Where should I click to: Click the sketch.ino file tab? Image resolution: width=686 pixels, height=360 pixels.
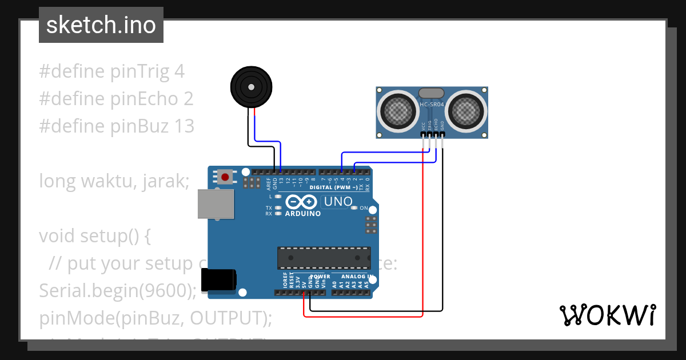tap(101, 25)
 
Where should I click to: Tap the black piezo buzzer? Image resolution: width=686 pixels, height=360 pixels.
tap(250, 87)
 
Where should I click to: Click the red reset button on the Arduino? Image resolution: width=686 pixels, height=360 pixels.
tap(225, 177)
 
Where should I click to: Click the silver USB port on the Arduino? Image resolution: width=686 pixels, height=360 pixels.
tap(216, 204)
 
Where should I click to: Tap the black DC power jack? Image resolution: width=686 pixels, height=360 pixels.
tap(221, 279)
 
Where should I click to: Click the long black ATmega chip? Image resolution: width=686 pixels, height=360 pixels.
tap(324, 258)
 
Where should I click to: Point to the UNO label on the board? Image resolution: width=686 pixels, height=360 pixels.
tap(338, 202)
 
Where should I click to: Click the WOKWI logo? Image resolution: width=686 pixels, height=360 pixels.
tap(607, 315)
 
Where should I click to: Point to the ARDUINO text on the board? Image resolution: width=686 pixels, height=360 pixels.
tap(302, 214)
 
